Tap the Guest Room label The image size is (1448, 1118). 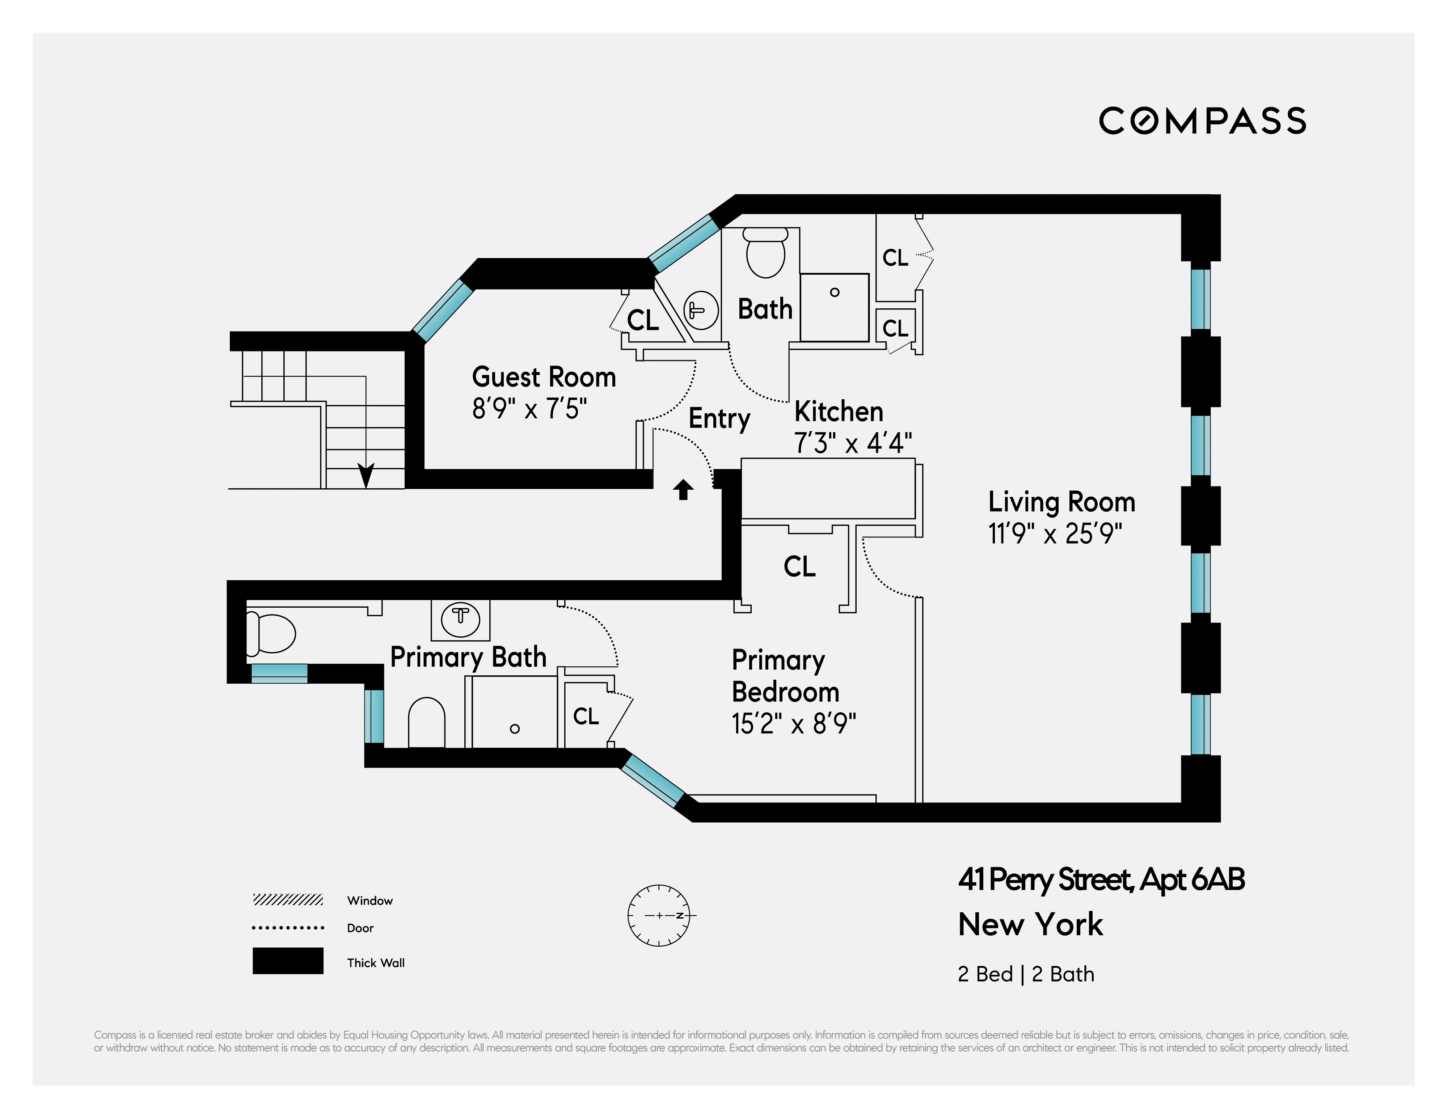click(544, 377)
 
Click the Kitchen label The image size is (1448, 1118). click(839, 412)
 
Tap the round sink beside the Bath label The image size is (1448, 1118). click(701, 310)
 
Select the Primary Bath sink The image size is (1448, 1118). click(460, 618)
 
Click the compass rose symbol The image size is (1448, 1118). click(659, 915)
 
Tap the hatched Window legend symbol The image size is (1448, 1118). click(288, 900)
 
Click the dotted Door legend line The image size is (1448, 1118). click(288, 928)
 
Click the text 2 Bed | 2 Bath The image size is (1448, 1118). click(1026, 974)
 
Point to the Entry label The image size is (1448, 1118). click(719, 418)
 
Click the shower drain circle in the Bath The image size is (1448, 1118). click(835, 292)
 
